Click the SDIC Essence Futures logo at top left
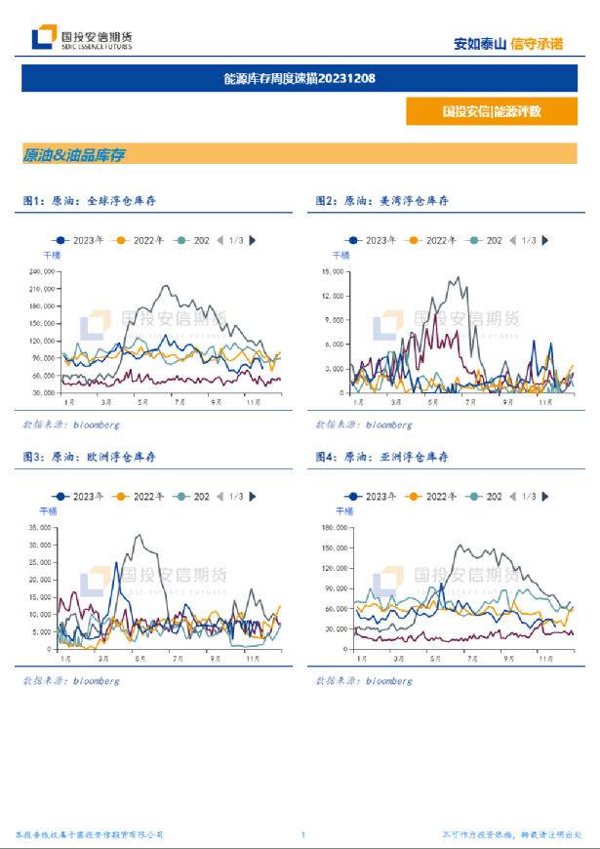point(82,39)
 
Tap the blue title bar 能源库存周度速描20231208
point(300,79)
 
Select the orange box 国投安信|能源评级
point(491,111)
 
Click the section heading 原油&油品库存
point(74,155)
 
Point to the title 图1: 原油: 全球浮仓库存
point(90,200)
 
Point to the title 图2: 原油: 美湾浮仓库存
point(381,200)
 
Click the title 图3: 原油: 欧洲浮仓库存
point(90,457)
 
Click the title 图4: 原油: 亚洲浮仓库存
point(381,457)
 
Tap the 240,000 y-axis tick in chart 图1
point(41,271)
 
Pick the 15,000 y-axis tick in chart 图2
point(333,271)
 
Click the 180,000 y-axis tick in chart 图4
point(336,528)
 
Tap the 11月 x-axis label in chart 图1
point(251,402)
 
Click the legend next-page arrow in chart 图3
point(254,497)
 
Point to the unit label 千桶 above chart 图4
point(345,511)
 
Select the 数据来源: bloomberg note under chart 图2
point(363,424)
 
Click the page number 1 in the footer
point(303,835)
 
